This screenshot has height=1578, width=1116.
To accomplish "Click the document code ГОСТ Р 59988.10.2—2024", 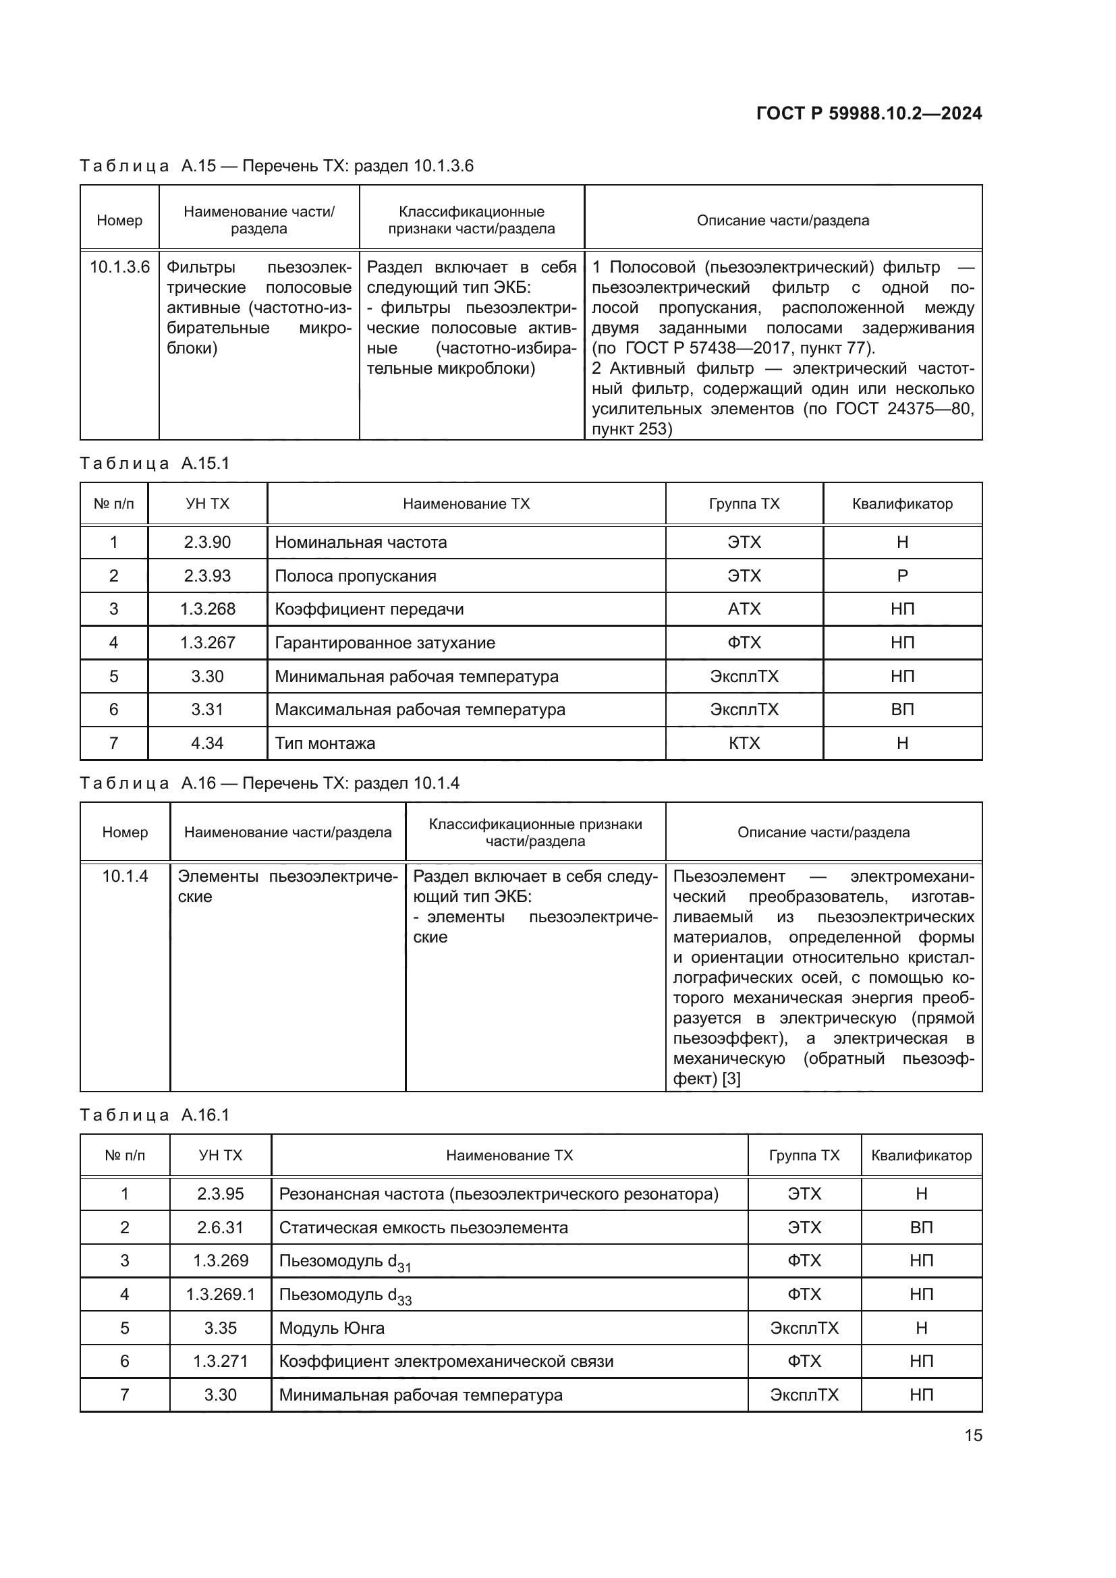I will point(868,113).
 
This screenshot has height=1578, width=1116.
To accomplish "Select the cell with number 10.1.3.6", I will point(119,267).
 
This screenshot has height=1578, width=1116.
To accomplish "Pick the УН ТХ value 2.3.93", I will point(207,576).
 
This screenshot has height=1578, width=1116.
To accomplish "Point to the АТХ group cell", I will point(744,609).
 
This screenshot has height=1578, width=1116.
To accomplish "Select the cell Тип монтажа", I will point(325,743).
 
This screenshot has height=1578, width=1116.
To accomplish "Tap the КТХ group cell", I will point(744,743).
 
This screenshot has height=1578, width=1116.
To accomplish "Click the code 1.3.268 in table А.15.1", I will point(207,609).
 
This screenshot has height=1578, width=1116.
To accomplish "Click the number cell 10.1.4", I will point(125,876).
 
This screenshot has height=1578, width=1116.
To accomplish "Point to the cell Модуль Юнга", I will point(331,1328).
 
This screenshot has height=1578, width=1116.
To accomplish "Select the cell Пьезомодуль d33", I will point(344,1295).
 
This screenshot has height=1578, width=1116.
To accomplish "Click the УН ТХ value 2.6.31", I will point(220,1227).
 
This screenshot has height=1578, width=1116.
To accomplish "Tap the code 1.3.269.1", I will point(220,1295).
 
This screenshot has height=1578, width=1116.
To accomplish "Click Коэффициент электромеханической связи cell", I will point(446,1361).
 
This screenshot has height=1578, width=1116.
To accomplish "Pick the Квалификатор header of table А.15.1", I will point(902,504).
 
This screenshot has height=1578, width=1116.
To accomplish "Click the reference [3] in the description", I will point(731,1078).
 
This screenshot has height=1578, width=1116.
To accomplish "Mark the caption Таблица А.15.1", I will point(155,463).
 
